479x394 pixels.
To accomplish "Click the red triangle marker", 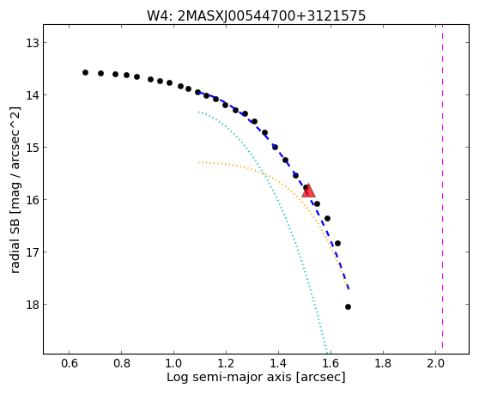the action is (x=308, y=191).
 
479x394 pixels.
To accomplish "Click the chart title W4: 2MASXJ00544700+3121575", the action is (x=257, y=15).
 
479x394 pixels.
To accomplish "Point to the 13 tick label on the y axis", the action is (x=32, y=43).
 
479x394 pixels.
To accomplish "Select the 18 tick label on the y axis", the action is (x=32, y=305).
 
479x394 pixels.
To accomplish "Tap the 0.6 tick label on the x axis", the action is (x=69, y=363).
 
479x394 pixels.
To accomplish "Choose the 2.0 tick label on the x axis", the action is (x=435, y=363).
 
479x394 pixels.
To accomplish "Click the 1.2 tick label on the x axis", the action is (x=226, y=363).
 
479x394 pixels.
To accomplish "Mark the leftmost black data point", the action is (x=85, y=72).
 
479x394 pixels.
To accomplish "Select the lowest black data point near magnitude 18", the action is (x=348, y=307).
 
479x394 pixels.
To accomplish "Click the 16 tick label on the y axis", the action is (x=32, y=200).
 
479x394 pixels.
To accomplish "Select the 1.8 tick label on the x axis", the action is (x=383, y=363).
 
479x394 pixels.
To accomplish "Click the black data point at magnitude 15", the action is (x=275, y=147).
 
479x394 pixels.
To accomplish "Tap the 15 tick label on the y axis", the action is (x=32, y=148).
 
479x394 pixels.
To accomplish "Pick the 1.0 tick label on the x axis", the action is (x=173, y=363).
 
